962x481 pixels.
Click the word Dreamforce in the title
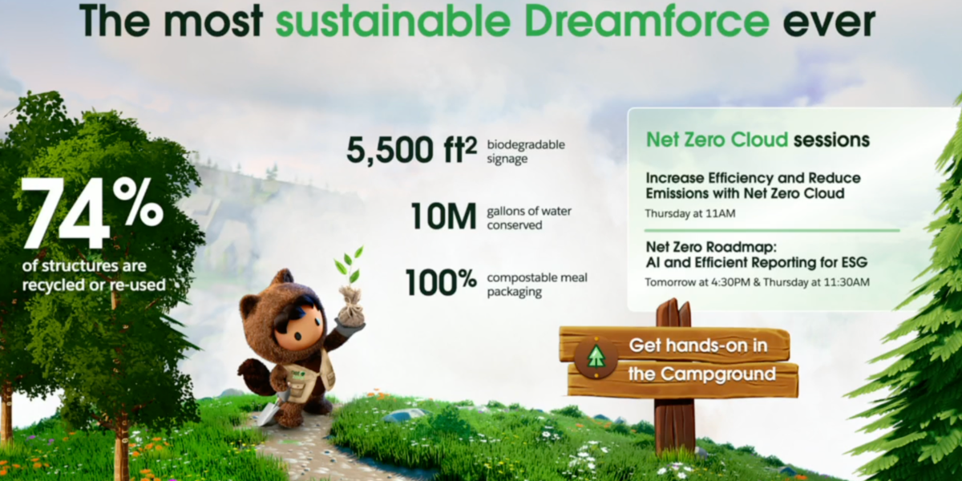coord(647,20)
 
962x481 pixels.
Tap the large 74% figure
coord(93,213)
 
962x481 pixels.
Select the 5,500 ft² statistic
coord(411,150)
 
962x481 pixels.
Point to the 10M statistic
coord(443,216)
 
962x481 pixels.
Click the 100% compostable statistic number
coord(441,282)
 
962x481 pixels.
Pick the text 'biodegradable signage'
coord(526,152)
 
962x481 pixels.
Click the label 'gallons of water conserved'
coord(529,218)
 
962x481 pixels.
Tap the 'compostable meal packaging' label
coord(537,285)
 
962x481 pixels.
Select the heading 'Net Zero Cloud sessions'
coord(758,140)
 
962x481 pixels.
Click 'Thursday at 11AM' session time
coord(690,213)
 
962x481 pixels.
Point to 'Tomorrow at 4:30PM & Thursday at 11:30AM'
coord(757,282)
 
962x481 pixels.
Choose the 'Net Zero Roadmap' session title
coord(711,248)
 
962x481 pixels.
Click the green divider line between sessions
coord(772,231)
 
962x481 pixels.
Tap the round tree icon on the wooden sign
coord(596,358)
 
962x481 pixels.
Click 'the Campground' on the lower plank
coord(701,374)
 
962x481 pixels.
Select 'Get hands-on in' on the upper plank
coord(698,346)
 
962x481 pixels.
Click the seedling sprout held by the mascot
coord(350,266)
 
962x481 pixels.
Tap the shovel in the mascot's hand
coord(270,411)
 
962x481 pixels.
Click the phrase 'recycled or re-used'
coord(94,285)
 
